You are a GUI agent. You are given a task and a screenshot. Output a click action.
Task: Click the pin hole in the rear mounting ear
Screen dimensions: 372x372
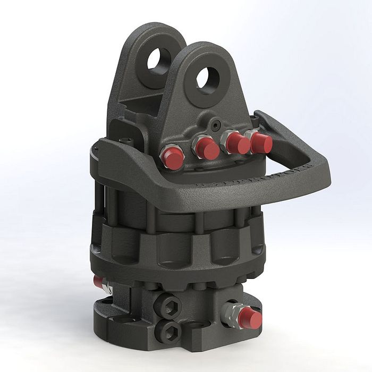(158, 60)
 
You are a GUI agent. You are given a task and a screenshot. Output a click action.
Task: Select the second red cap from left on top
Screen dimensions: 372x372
(207, 148)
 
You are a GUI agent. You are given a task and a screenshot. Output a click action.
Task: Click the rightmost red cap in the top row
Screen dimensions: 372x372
(262, 142)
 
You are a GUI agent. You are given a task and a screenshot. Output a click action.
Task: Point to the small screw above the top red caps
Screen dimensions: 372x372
(215, 124)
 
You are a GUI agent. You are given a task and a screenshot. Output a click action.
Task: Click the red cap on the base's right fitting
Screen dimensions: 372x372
(250, 318)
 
